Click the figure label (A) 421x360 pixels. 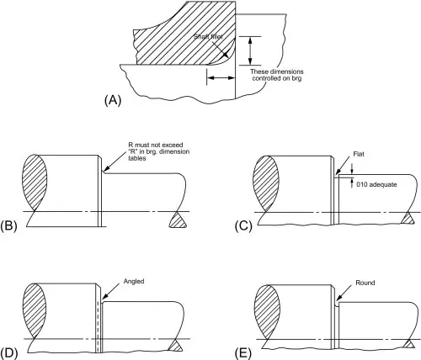113,100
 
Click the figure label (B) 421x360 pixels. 8,225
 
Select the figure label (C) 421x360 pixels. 243,226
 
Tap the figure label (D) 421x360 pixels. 9,353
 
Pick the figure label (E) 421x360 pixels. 243,353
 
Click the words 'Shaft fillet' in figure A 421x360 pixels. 208,37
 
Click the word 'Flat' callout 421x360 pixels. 359,154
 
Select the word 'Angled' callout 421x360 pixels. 134,281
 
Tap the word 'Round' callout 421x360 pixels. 365,283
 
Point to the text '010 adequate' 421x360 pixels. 376,184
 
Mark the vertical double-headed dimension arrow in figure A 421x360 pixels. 250,50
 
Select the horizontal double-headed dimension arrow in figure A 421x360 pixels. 221,77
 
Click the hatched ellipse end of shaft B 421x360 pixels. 35,183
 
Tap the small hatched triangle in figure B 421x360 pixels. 178,220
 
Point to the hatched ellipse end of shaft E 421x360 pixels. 268,312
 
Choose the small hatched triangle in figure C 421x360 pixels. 408,218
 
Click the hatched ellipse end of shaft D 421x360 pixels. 35,310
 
